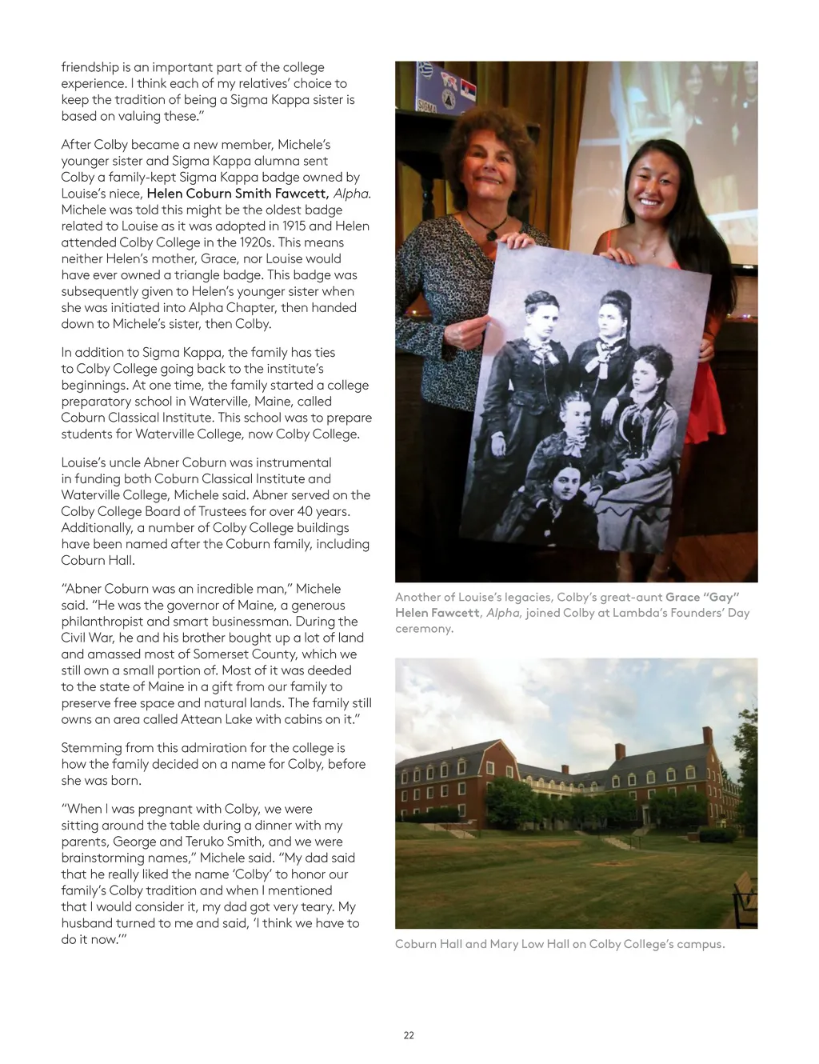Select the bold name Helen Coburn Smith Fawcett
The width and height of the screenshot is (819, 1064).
[238, 194]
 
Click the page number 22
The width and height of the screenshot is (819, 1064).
[409, 1035]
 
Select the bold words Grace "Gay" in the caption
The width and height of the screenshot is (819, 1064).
[702, 597]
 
